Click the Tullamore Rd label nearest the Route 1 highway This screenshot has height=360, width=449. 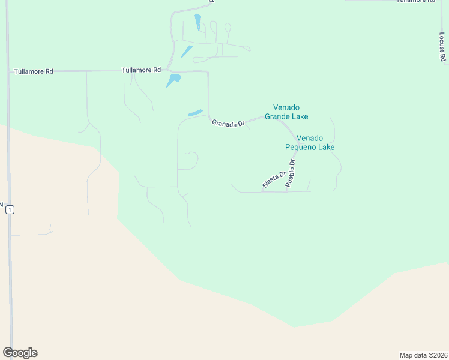pyautogui.click(x=34, y=71)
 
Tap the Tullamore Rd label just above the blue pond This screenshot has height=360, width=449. pyautogui.click(x=141, y=70)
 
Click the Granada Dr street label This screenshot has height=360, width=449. pyautogui.click(x=228, y=123)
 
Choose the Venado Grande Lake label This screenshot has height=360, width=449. pyautogui.click(x=286, y=112)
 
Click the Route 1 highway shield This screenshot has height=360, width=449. pyautogui.click(x=10, y=209)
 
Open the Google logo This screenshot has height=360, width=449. pyautogui.click(x=20, y=353)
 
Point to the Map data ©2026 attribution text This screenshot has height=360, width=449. pyautogui.click(x=423, y=355)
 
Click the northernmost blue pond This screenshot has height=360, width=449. pyautogui.click(x=197, y=22)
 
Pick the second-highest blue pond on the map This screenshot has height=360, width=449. pyautogui.click(x=187, y=52)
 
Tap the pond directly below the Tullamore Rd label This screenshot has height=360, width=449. pyautogui.click(x=173, y=80)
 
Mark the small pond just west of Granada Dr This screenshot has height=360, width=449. pyautogui.click(x=195, y=113)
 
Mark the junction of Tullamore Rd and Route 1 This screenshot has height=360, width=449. pyautogui.click(x=8, y=71)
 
